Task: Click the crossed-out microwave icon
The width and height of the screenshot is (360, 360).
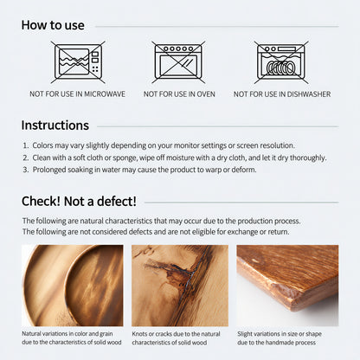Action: point(78,62)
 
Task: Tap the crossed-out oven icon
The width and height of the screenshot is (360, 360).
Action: point(178,62)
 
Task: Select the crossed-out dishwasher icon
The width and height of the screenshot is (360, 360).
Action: point(281,62)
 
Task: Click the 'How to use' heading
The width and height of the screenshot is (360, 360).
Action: point(53,25)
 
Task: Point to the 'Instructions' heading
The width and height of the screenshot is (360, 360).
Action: point(55,125)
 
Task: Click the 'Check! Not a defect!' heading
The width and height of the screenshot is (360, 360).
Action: point(79,201)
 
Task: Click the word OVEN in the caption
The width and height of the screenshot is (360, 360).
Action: point(206,94)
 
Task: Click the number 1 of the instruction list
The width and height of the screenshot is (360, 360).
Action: point(25,145)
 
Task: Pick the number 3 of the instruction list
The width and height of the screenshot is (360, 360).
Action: point(26,170)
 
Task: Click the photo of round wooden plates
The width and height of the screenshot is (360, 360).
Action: point(73,286)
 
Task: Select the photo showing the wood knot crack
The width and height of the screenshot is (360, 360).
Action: point(180,286)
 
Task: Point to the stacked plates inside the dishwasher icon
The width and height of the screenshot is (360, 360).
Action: point(280,68)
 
